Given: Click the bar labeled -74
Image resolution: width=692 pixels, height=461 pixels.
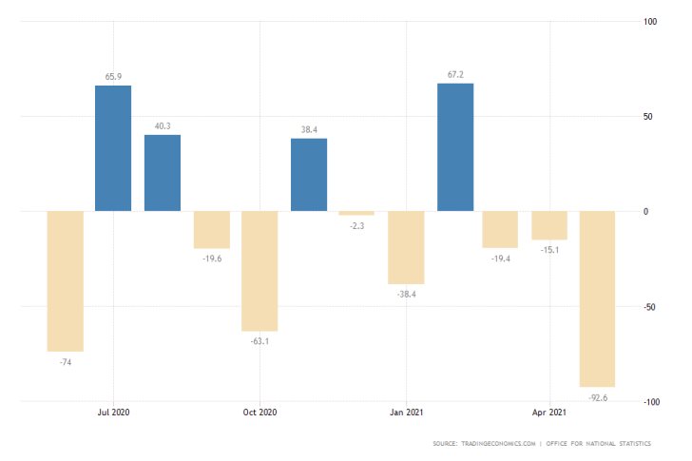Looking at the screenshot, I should [66, 281].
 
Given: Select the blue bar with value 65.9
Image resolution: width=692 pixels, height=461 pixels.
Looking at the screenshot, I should [113, 148].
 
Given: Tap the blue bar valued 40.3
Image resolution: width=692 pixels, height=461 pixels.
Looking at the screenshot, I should [163, 173].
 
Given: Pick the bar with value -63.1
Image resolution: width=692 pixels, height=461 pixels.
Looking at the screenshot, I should [259, 271].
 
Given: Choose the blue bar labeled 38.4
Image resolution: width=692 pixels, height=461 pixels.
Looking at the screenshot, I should [309, 175].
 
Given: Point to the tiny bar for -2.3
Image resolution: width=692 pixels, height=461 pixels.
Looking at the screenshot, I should [356, 214].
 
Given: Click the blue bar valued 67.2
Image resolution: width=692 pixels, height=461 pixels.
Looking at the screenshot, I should [455, 147].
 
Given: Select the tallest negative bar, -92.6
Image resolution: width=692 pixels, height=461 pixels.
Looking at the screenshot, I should [598, 298].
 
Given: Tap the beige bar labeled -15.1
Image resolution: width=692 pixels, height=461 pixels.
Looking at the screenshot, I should [549, 225].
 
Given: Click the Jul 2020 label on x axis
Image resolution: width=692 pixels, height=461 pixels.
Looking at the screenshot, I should [114, 413].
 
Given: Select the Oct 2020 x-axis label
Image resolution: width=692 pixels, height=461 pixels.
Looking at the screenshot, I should [259, 413].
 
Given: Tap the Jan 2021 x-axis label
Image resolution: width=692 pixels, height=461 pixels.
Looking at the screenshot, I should [406, 413].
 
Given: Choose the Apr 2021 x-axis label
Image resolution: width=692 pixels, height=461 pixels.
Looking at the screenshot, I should [549, 413].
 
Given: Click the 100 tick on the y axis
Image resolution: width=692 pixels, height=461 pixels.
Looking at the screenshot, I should [651, 22].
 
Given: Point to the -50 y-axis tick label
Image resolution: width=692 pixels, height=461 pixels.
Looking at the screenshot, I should [651, 307].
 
